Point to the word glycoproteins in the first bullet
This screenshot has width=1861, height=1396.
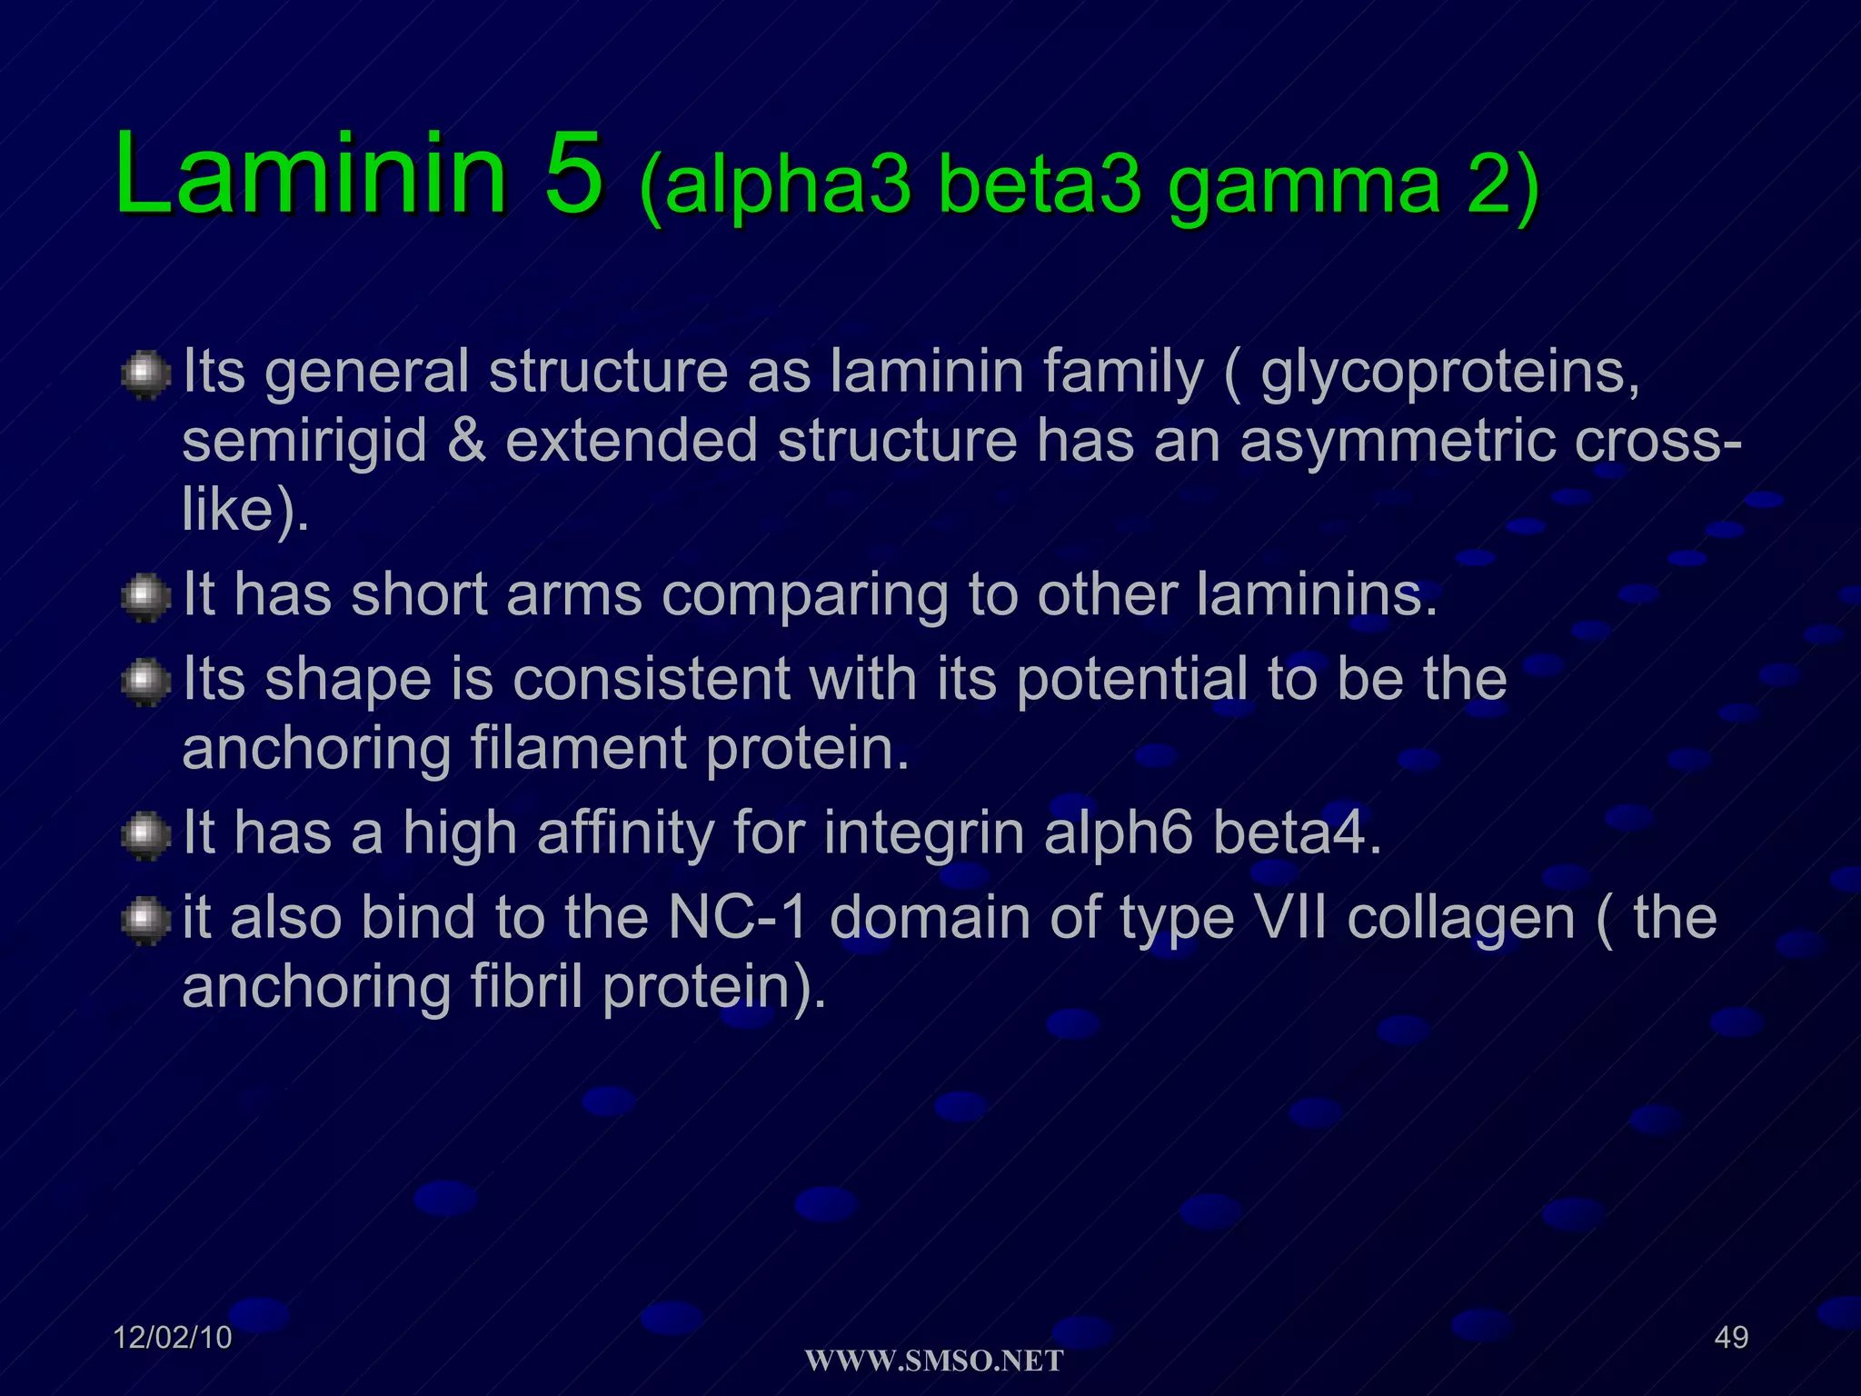[x=1450, y=374]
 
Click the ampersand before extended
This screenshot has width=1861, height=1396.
[x=466, y=442]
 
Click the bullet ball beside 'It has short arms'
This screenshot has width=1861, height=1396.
[x=145, y=597]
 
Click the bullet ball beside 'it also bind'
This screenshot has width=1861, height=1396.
[x=145, y=921]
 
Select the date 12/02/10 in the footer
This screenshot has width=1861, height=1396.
[x=173, y=1338]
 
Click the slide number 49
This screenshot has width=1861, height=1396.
[x=1731, y=1338]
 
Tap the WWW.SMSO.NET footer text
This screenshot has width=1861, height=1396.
[x=934, y=1361]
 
